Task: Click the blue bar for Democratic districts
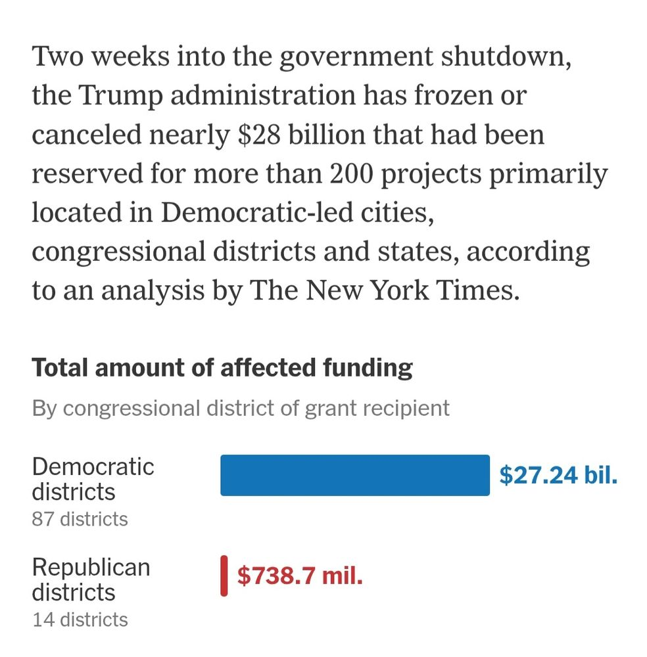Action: point(354,475)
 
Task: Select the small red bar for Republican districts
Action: point(224,576)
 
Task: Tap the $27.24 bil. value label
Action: point(558,475)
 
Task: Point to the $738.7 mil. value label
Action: point(300,576)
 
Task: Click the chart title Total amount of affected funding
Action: point(222,368)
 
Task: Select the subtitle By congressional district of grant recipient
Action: point(241,408)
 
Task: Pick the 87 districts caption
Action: point(80,519)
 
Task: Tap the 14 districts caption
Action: point(80,619)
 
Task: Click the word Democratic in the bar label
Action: point(93,467)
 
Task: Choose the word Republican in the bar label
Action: point(91,567)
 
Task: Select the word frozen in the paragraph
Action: point(451,96)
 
